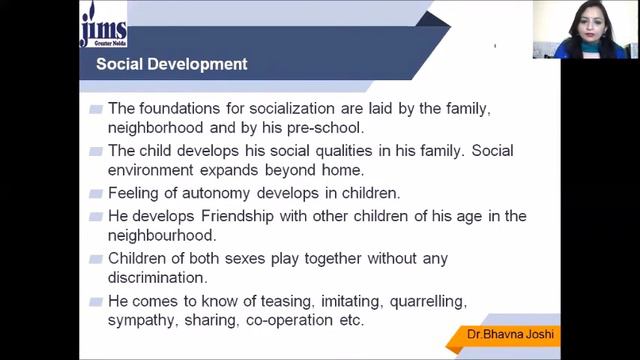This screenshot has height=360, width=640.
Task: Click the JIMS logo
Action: tap(105, 27)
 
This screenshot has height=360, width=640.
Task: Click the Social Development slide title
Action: tap(171, 65)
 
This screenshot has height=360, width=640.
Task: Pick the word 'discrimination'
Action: tap(157, 278)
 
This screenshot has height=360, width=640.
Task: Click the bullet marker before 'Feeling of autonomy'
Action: tap(95, 194)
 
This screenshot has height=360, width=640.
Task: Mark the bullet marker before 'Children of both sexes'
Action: tap(95, 258)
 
